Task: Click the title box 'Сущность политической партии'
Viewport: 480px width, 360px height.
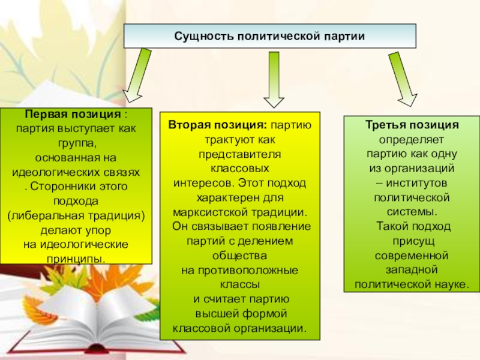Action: pyautogui.click(x=269, y=37)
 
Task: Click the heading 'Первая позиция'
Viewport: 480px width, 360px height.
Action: pyautogui.click(x=73, y=115)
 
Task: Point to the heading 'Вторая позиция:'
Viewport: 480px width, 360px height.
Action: pyautogui.click(x=217, y=125)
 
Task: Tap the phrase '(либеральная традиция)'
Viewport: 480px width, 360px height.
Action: pyautogui.click(x=76, y=215)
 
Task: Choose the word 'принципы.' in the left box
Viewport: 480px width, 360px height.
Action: pyautogui.click(x=76, y=259)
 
